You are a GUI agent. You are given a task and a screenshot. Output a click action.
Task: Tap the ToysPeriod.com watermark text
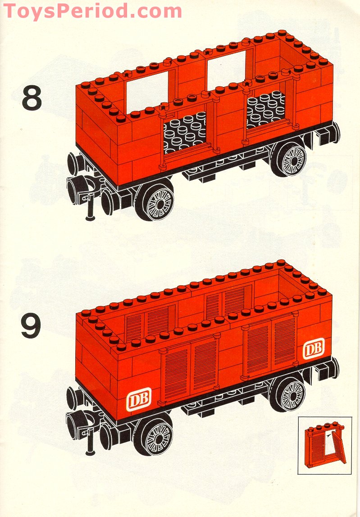tap(92, 10)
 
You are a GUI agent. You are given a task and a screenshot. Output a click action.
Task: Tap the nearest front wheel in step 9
tap(155, 433)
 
